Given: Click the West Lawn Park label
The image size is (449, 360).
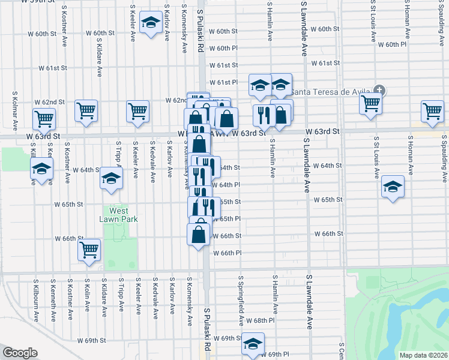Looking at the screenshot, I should point(119,215).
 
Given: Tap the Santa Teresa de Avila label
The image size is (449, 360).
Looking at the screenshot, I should point(332,91).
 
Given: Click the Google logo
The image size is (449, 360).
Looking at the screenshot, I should point(20,353).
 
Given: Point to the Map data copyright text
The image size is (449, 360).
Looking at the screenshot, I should point(423,355).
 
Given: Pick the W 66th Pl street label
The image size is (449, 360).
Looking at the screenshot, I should point(227,253).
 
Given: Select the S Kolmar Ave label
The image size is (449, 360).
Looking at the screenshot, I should point(14,111).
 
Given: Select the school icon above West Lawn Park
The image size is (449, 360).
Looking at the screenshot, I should point(110,179).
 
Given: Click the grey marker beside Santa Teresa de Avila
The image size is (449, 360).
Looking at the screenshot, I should point(378,91).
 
